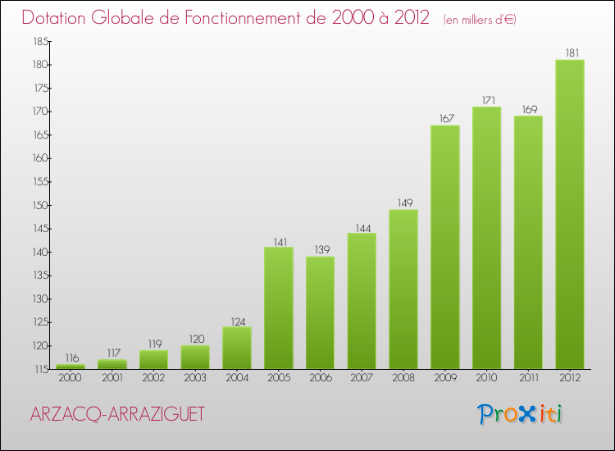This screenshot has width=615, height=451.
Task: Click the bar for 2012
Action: pos(570,215)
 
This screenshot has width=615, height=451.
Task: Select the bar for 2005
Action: pos(279,308)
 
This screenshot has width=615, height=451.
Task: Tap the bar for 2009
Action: pos(445,248)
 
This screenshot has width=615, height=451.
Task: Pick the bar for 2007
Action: pos(362,301)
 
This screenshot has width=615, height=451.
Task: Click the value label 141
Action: pos(279,241)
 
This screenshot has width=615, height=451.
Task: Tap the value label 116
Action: pos(71,358)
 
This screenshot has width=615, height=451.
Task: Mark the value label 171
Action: pos(487,100)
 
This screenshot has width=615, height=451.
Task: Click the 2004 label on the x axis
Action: pos(237,378)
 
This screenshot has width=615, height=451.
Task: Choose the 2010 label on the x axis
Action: pos(487,378)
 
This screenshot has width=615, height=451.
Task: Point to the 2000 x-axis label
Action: pos(71,378)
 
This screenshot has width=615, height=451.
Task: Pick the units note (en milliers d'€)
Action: pos(480,19)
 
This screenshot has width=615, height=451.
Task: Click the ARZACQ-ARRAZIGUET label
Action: pos(117,415)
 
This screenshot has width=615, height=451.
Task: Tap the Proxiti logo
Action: pos(521,414)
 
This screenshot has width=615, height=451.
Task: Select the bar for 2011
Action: pos(528,243)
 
